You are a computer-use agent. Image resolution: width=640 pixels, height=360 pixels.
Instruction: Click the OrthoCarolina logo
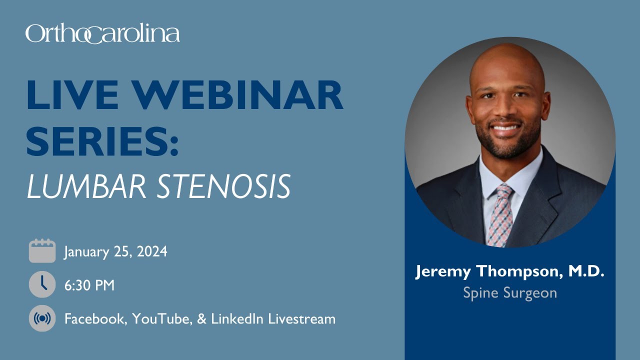point(102,34)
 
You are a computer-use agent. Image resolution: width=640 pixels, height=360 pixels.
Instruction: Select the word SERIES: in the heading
point(102,141)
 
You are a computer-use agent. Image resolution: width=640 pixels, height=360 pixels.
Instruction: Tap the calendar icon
point(42,251)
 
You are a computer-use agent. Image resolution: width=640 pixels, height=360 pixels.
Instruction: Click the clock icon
point(42,285)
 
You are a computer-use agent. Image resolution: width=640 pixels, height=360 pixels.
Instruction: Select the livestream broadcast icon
point(42,318)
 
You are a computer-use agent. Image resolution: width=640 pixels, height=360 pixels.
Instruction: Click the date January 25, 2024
point(115,251)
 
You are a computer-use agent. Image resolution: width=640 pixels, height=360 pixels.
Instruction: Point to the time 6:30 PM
point(89,285)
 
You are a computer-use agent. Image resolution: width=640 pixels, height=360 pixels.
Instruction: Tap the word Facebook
point(94,319)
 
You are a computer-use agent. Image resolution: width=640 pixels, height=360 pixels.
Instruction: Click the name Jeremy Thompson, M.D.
point(510,272)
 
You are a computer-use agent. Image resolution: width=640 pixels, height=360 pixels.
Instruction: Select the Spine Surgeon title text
point(510,292)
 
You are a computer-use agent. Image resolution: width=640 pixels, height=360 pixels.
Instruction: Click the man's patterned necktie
point(500,215)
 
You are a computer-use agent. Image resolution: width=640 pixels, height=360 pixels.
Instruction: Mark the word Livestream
point(302,319)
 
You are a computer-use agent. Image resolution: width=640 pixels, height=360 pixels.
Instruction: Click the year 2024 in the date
point(152,251)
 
